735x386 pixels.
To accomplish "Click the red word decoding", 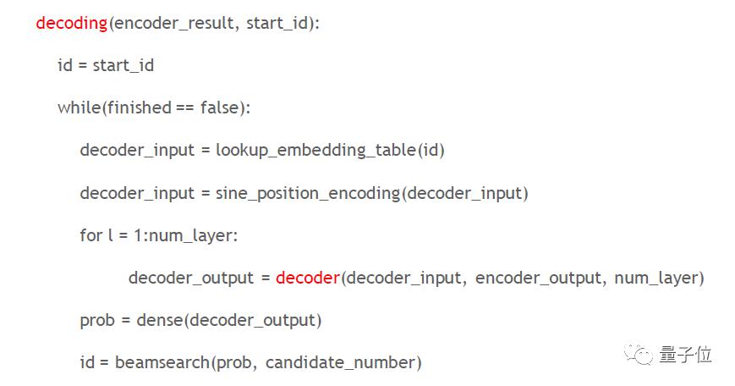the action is coord(72,24).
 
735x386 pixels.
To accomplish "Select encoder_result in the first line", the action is coord(174,24).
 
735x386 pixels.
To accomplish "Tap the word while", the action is coord(79,108).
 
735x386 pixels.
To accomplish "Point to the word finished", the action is coord(140,108).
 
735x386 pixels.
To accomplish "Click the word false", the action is coord(220,108).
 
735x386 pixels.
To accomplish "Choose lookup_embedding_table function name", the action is coord(316,151).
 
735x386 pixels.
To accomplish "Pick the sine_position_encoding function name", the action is coord(308,193).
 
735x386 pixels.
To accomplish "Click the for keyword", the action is coord(91,235).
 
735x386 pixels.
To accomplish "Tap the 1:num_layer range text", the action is coord(185,236).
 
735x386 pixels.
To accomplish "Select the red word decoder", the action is coord(308,278).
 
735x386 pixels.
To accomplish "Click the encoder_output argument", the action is coord(538,278).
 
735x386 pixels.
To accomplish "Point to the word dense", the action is coord(161,320).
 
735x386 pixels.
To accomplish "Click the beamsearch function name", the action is coord(162,362).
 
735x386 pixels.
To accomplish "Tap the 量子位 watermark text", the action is coord(685,355).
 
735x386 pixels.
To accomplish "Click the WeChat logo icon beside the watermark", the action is coord(638,354).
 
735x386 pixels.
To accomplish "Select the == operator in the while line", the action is coord(184,108).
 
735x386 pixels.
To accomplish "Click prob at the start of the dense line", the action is coord(97,321).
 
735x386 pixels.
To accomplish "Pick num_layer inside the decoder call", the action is coord(656,278).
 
